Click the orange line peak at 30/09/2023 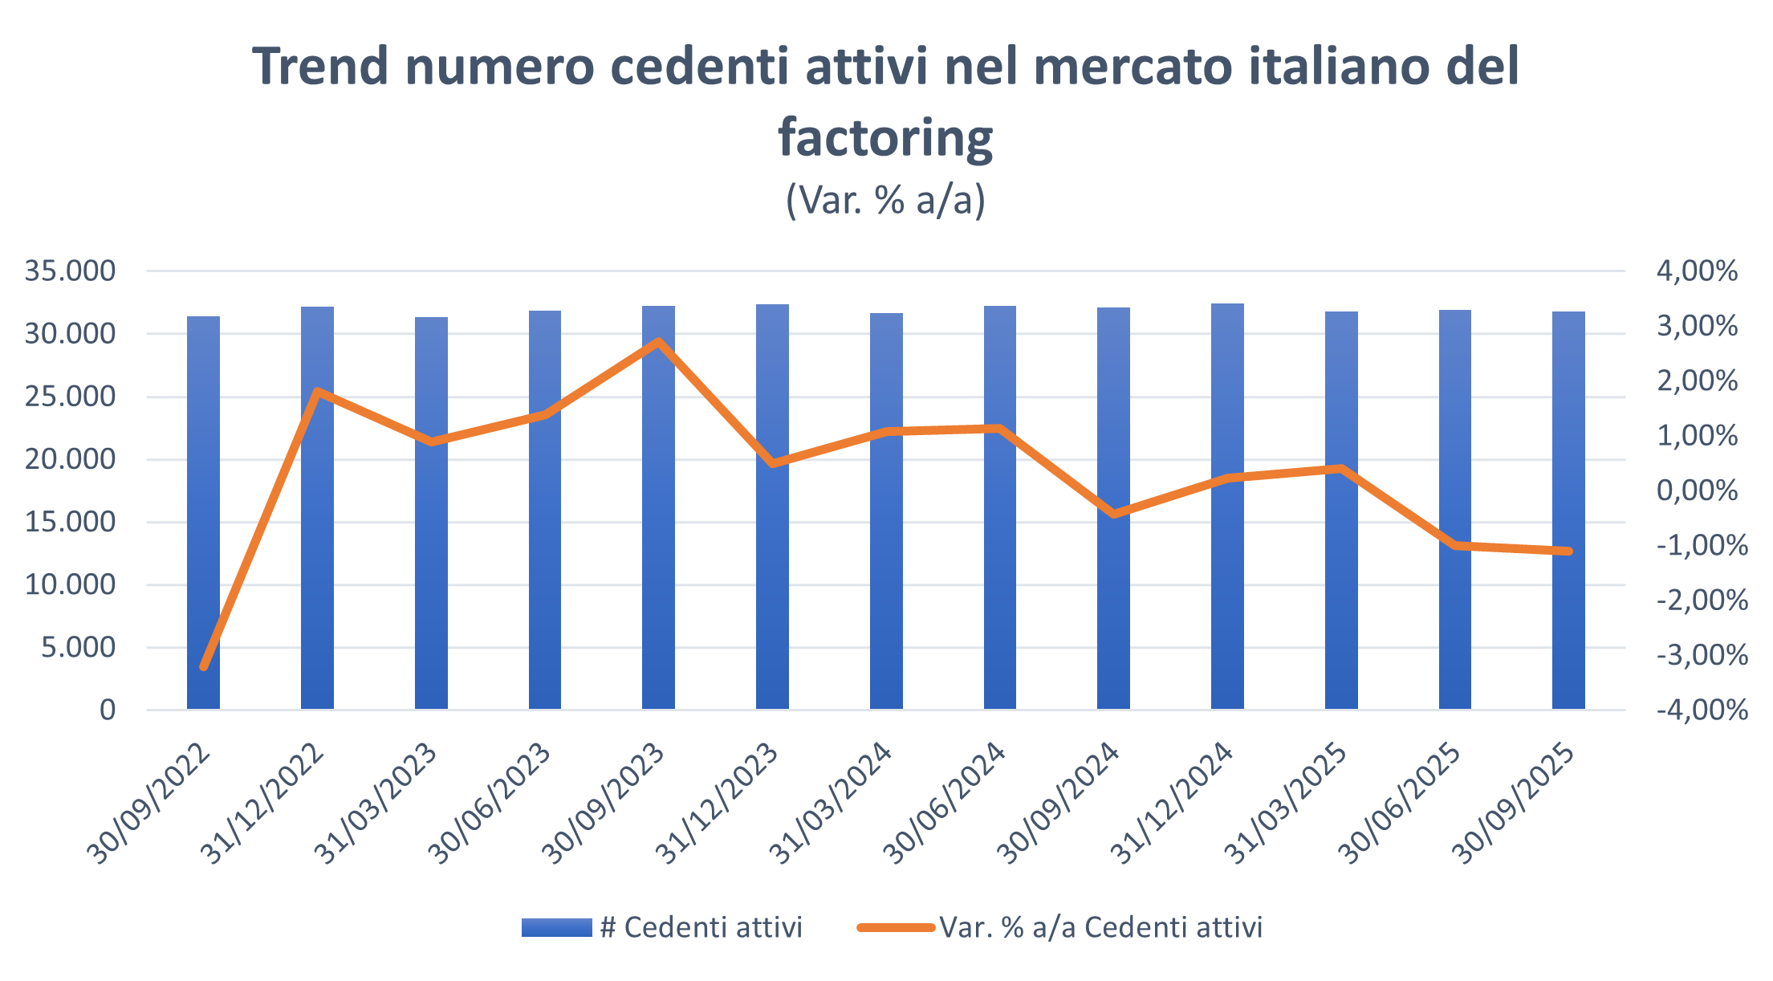[x=658, y=342]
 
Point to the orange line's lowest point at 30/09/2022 [x=204, y=666]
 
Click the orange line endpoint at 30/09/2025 [x=1568, y=551]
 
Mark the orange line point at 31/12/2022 [x=318, y=392]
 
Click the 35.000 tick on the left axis [x=71, y=271]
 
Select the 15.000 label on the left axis [x=71, y=522]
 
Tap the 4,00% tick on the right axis [x=1697, y=271]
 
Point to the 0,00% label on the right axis [x=1697, y=490]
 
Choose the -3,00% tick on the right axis [x=1702, y=655]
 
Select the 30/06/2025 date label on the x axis [x=1401, y=803]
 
